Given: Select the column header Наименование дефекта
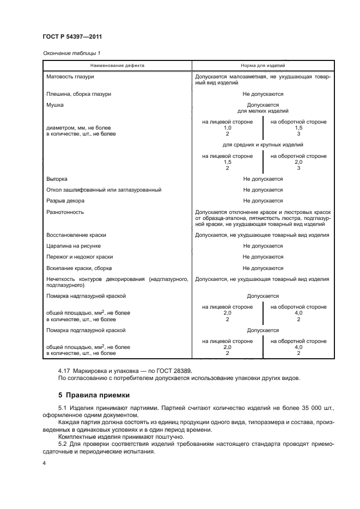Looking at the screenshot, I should coord(117,65).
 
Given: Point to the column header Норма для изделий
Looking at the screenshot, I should coord(263,65).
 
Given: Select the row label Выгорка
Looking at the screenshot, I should coord(57,179).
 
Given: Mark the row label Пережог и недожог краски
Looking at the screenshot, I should coord(80,256).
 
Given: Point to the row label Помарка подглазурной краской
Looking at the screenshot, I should coord(86,330).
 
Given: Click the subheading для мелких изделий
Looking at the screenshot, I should coord(263,111).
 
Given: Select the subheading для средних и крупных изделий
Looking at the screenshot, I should coord(263,145).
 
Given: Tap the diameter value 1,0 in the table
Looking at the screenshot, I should coord(227,127).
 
